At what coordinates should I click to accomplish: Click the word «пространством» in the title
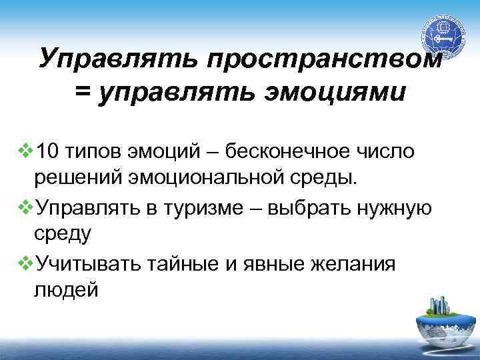tap(324, 58)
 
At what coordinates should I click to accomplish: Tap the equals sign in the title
tap(83, 92)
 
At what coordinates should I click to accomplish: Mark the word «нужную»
tap(397, 207)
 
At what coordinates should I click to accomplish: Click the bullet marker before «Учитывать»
tap(27, 263)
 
